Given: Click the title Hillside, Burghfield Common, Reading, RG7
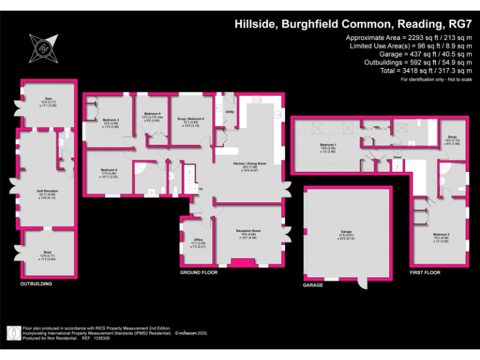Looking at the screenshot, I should click(352, 24).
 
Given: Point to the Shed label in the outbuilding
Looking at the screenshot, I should click(44, 252).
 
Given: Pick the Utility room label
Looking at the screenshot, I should click(229, 112).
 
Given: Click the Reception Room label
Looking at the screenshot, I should click(248, 231).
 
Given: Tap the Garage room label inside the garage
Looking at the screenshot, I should click(347, 231).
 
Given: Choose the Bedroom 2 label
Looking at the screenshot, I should click(441, 234).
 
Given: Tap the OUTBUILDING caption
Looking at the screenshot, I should click(36, 284).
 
